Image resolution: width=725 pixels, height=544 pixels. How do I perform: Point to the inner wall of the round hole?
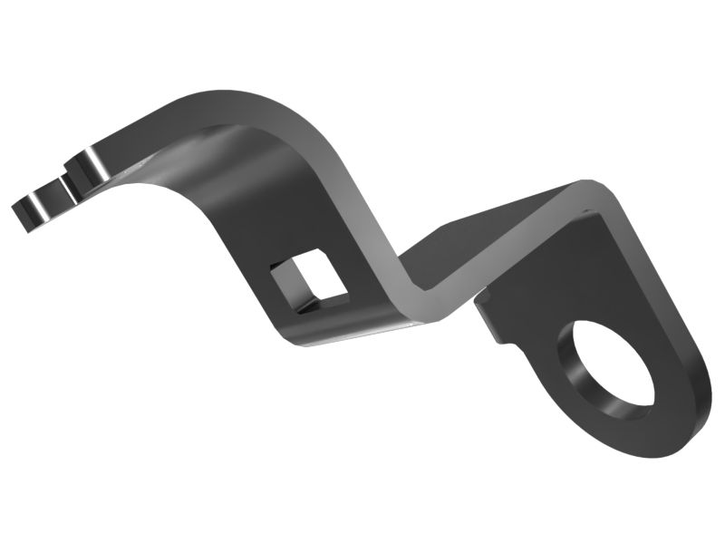(580, 376)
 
